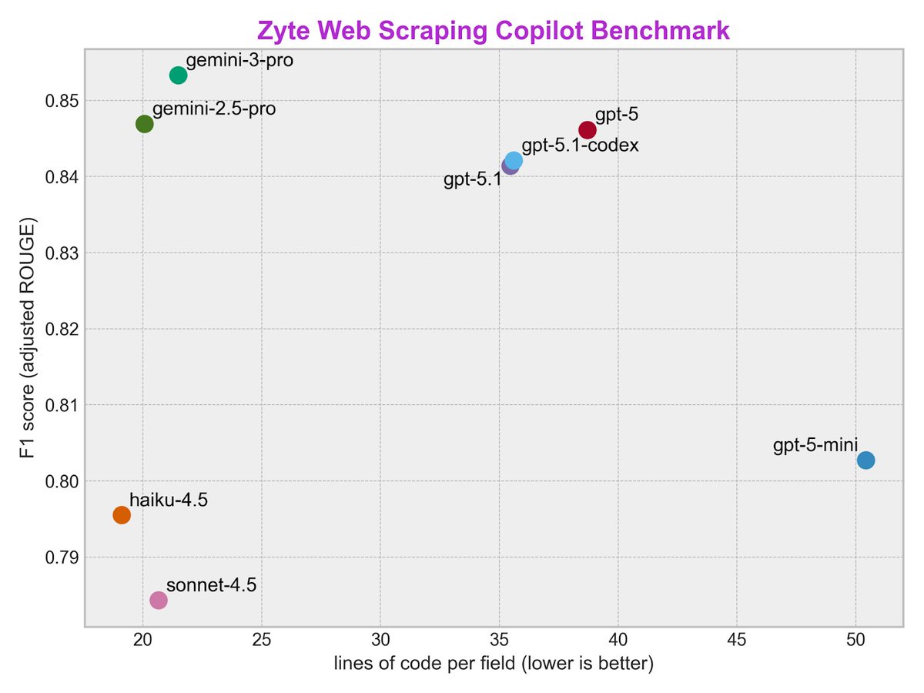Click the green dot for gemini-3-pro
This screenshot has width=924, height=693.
click(x=178, y=75)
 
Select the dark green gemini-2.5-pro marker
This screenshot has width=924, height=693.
click(x=144, y=124)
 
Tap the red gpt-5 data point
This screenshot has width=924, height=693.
click(x=588, y=130)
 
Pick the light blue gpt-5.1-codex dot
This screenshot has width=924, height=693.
click(x=514, y=160)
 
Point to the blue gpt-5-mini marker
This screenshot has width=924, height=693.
click(x=865, y=460)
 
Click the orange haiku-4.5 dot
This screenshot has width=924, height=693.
click(x=122, y=514)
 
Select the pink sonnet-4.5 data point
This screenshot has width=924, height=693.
click(x=159, y=600)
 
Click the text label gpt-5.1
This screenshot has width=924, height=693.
click(x=472, y=180)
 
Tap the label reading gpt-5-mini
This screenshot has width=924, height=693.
click(x=815, y=446)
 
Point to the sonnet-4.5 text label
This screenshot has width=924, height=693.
click(x=211, y=584)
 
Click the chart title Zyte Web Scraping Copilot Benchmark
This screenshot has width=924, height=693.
click(x=493, y=31)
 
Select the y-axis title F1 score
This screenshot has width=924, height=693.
click(x=30, y=339)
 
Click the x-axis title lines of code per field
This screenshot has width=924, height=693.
click(x=493, y=665)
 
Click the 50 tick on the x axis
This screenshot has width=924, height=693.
click(x=855, y=640)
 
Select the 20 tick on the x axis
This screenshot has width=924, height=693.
click(x=143, y=640)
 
